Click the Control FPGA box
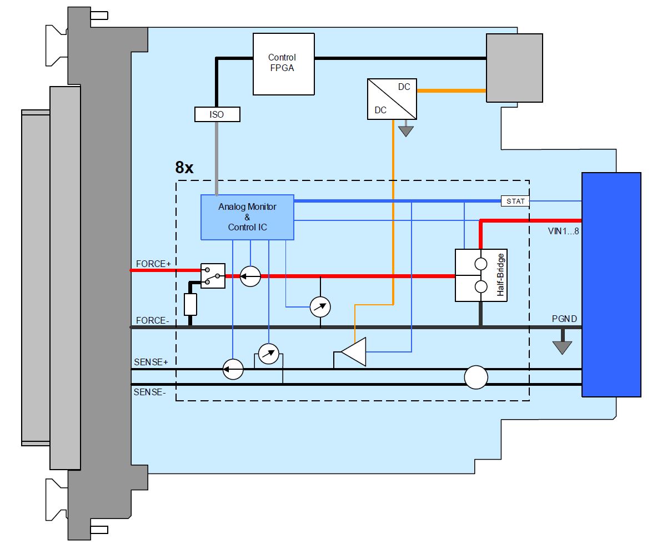(x=283, y=64)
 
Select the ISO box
(x=217, y=114)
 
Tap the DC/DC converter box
(x=392, y=99)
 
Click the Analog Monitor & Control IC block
(x=247, y=217)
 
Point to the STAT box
(x=515, y=201)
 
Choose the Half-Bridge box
(x=481, y=275)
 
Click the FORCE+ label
(x=153, y=264)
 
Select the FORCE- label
(x=152, y=320)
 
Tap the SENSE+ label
(x=151, y=362)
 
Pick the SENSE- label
(x=150, y=392)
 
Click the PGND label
(x=564, y=319)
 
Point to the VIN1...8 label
(x=563, y=231)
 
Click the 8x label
(x=184, y=168)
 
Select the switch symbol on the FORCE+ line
(x=213, y=275)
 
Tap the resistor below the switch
(x=190, y=304)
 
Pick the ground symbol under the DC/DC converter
(x=406, y=131)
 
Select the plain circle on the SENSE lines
(x=476, y=377)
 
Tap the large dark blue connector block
(x=611, y=285)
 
